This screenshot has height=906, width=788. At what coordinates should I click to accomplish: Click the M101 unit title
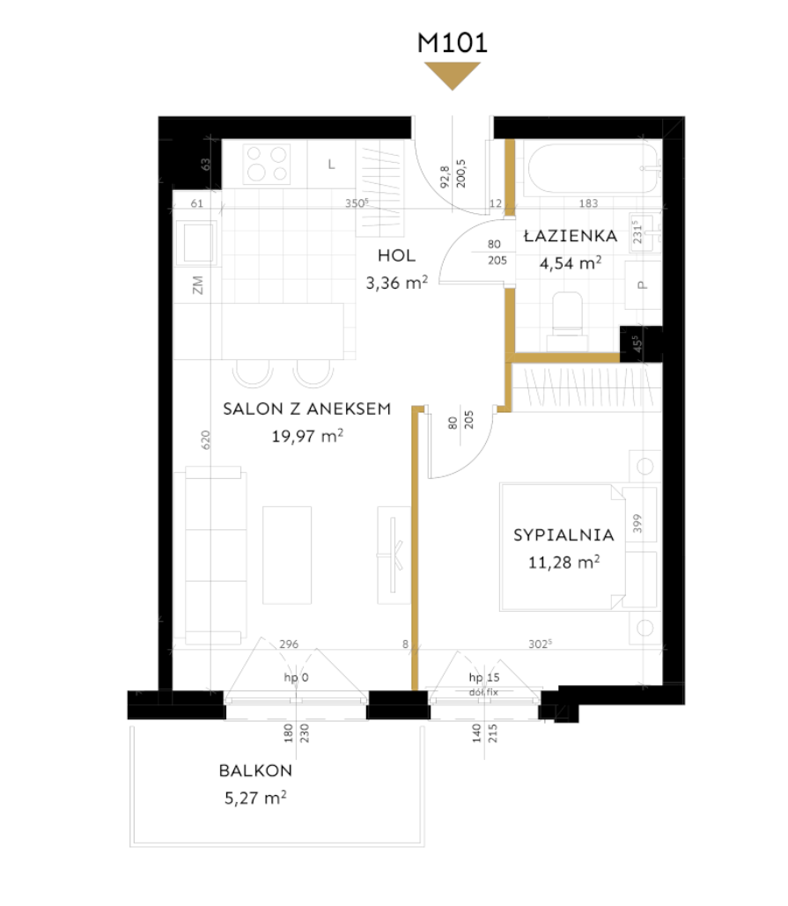453,43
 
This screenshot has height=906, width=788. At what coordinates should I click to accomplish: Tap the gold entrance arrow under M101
453,76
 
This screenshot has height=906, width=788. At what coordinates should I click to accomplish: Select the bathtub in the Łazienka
593,169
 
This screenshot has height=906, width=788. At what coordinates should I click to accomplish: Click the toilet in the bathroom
567,321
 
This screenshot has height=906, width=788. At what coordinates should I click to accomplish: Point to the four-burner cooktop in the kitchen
267,164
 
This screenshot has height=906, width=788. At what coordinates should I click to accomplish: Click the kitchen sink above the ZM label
197,243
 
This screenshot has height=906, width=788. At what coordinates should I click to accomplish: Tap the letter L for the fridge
332,165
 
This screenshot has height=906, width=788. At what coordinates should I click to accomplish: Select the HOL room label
397,255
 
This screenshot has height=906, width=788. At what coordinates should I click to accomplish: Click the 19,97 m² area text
308,436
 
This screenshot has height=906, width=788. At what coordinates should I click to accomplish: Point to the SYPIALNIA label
563,535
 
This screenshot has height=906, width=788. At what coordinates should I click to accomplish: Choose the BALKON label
255,770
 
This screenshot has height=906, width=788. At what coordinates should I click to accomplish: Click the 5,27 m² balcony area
255,798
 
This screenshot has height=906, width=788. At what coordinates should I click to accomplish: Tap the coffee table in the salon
287,556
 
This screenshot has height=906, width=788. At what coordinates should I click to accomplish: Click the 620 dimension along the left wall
206,439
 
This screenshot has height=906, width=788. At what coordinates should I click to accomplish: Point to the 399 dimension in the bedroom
637,524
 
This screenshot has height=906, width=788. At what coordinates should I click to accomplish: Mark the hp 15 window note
484,677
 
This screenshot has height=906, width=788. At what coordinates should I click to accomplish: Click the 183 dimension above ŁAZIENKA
588,203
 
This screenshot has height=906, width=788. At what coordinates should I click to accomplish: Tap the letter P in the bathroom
643,285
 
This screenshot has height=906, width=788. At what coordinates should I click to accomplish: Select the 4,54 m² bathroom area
571,263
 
